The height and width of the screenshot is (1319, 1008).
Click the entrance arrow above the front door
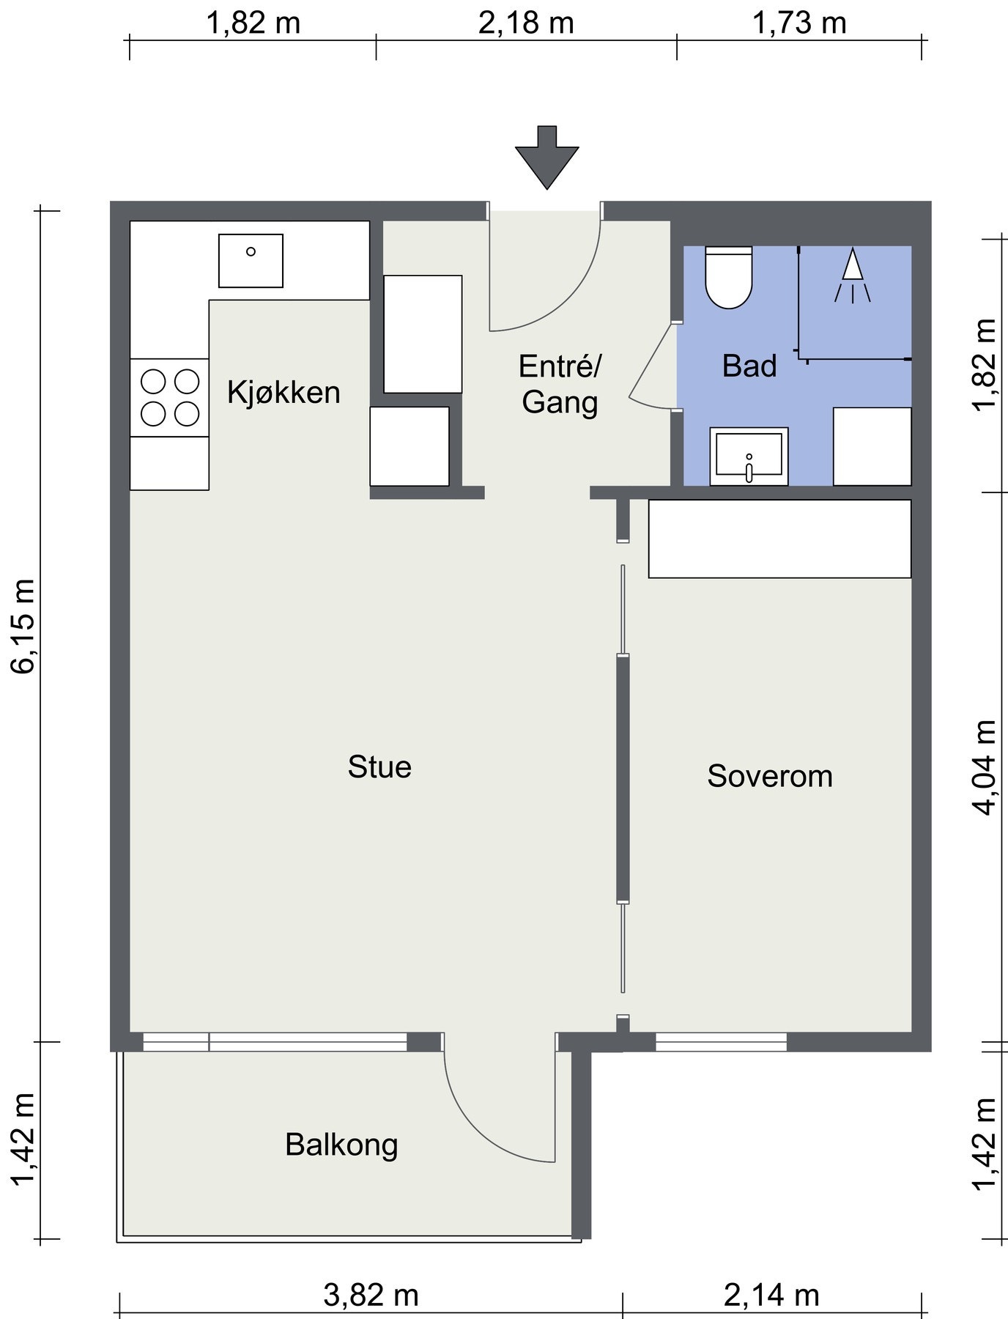(546, 158)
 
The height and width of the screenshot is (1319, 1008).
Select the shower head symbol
(852, 276)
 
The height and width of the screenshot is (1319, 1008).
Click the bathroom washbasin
(749, 457)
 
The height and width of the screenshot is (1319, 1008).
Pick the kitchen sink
(251, 261)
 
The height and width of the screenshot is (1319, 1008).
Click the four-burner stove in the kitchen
(169, 398)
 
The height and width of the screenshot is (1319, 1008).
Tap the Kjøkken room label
(283, 393)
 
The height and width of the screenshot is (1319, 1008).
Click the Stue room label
(379, 767)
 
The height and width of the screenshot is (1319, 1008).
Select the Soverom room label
(770, 776)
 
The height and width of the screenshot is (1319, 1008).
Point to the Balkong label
(341, 1145)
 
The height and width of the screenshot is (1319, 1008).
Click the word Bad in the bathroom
(749, 366)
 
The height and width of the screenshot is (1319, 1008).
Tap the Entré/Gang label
(560, 384)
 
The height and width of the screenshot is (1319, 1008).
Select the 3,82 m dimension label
(371, 1296)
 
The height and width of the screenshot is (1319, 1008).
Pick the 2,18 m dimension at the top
(526, 23)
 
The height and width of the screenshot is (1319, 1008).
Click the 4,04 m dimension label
(983, 766)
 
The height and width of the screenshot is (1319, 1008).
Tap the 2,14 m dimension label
(771, 1296)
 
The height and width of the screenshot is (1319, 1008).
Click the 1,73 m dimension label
(799, 23)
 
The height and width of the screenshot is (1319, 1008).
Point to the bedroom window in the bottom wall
(721, 1042)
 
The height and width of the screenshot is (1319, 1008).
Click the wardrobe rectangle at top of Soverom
(779, 539)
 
